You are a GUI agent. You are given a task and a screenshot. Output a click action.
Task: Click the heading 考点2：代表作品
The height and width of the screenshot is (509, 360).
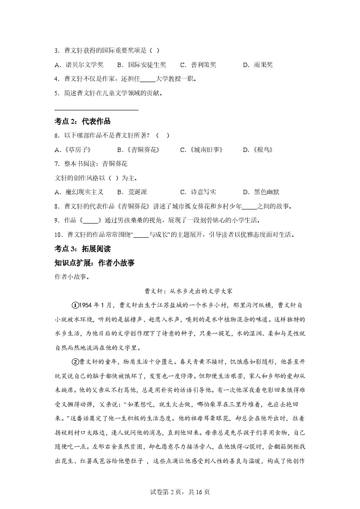coord(83,121)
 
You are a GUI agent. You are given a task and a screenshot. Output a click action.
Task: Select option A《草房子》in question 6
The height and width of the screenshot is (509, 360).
coord(73,150)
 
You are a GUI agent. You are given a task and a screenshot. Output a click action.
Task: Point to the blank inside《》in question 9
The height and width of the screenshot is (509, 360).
coord(91,220)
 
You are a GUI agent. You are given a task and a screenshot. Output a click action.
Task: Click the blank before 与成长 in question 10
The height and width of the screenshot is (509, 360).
coord(141,235)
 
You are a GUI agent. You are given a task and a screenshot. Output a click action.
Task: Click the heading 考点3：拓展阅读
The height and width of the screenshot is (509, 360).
coord(83,249)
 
